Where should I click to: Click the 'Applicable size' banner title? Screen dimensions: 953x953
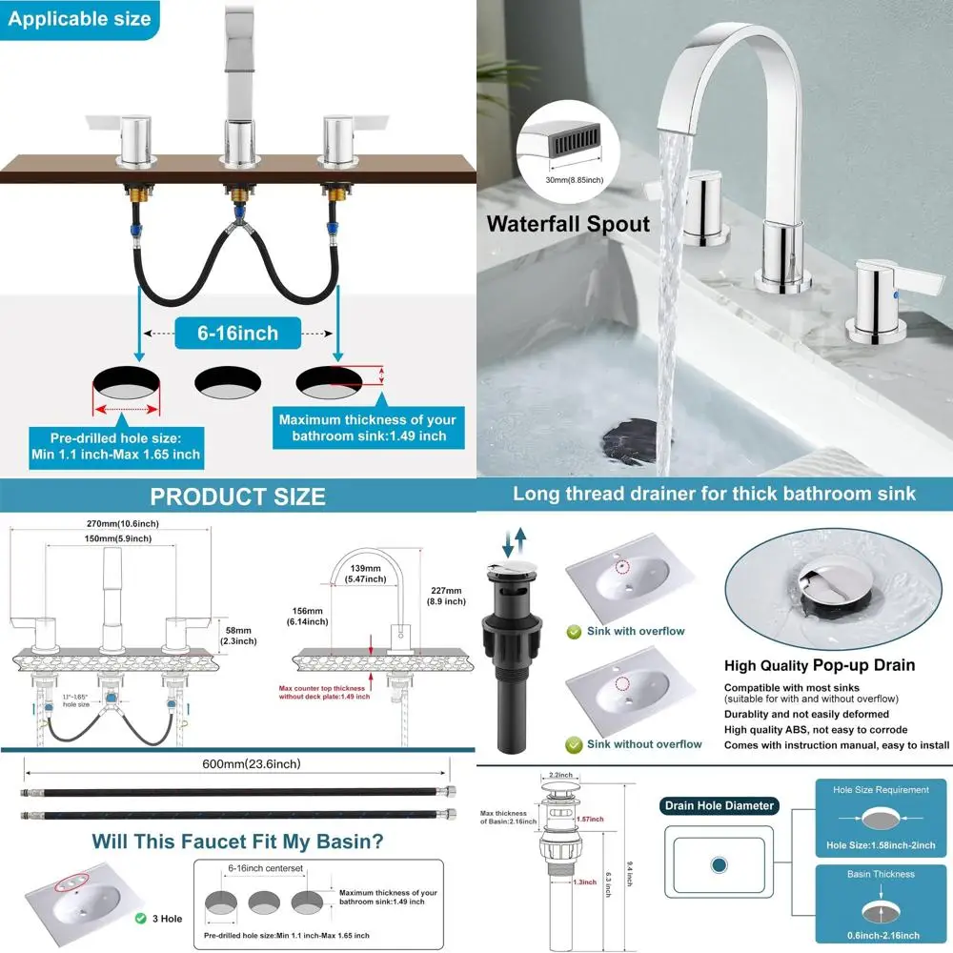[x=80, y=18]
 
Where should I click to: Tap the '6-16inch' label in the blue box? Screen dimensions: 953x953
[x=239, y=333]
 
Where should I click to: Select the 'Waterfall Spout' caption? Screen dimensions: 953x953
[x=568, y=225]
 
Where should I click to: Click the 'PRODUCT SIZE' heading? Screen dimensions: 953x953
[x=237, y=497]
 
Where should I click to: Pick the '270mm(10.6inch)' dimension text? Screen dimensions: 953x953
[x=124, y=522]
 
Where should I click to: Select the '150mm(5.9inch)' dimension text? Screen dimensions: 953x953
[x=124, y=539]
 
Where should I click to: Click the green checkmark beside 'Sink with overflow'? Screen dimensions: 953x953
[x=575, y=631]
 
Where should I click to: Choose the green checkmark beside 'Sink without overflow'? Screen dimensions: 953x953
[x=575, y=744]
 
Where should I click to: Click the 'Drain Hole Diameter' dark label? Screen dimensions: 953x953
[x=719, y=805]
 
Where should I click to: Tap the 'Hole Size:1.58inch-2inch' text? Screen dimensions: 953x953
[x=880, y=845]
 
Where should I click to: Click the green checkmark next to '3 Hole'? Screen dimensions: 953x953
[x=140, y=919]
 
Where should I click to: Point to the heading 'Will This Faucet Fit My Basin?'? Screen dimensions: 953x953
[x=238, y=841]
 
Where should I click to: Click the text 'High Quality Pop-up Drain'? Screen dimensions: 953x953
[x=820, y=665]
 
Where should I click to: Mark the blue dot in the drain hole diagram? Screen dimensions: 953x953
[x=719, y=864]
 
